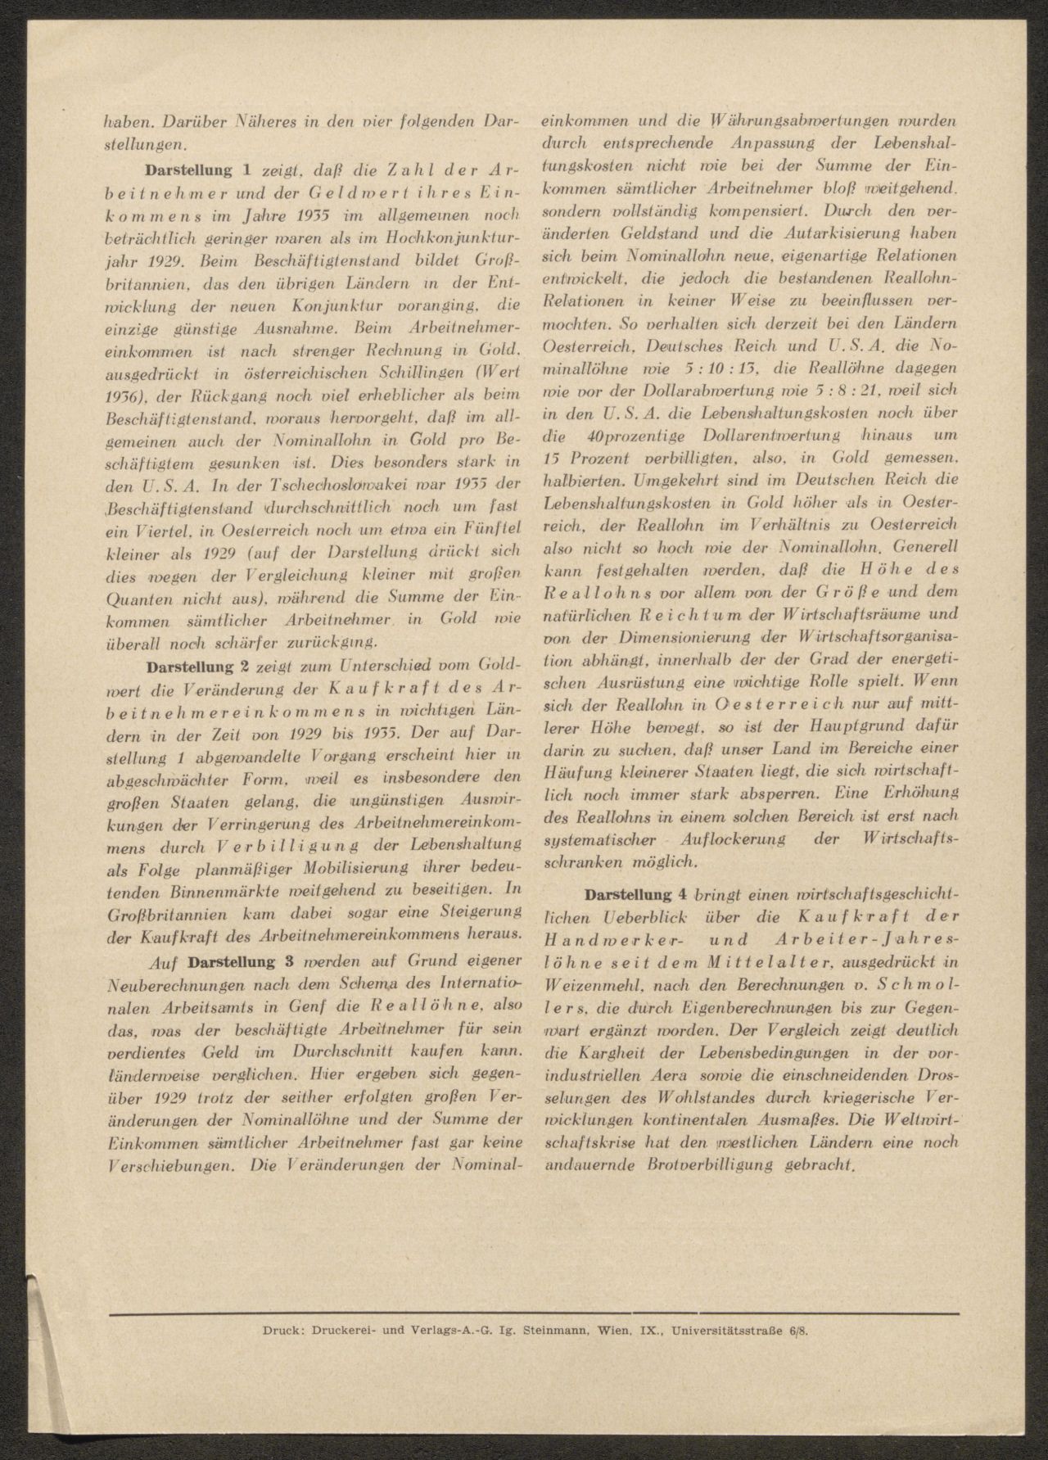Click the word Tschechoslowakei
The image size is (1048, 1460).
(307, 482)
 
